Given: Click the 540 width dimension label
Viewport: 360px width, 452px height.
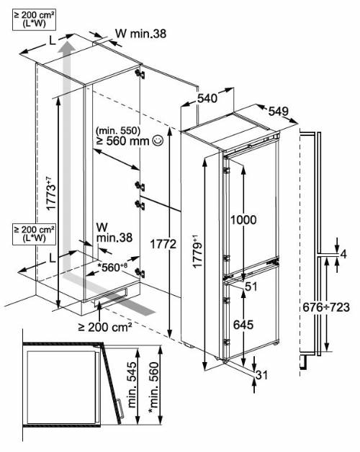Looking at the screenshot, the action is click(207, 99).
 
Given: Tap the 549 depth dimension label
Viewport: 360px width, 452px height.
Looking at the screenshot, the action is click(279, 111).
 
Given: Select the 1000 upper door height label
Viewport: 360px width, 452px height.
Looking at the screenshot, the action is click(243, 220).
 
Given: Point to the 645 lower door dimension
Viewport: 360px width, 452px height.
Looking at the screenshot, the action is click(243, 325).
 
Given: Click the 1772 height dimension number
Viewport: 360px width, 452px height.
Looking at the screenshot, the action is click(163, 245).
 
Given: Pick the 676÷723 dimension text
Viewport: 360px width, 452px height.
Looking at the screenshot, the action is click(326, 307).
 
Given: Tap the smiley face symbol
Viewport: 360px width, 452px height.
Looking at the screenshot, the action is click(158, 140).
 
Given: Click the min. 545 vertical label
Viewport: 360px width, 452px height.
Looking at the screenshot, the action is click(132, 385).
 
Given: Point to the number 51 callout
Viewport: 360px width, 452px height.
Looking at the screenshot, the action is click(251, 286).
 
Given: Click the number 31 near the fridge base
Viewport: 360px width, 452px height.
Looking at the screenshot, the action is click(262, 375).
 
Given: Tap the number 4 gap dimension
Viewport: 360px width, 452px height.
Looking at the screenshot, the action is click(343, 254).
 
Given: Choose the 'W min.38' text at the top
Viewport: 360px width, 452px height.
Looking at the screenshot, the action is click(141, 34).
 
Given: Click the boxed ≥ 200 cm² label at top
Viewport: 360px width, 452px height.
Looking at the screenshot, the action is click(34, 19).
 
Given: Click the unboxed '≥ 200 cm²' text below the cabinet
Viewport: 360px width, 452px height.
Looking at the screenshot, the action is click(105, 327).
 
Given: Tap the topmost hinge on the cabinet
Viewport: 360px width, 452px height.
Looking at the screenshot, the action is click(140, 73).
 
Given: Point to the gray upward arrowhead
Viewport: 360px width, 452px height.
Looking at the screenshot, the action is click(67, 47).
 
